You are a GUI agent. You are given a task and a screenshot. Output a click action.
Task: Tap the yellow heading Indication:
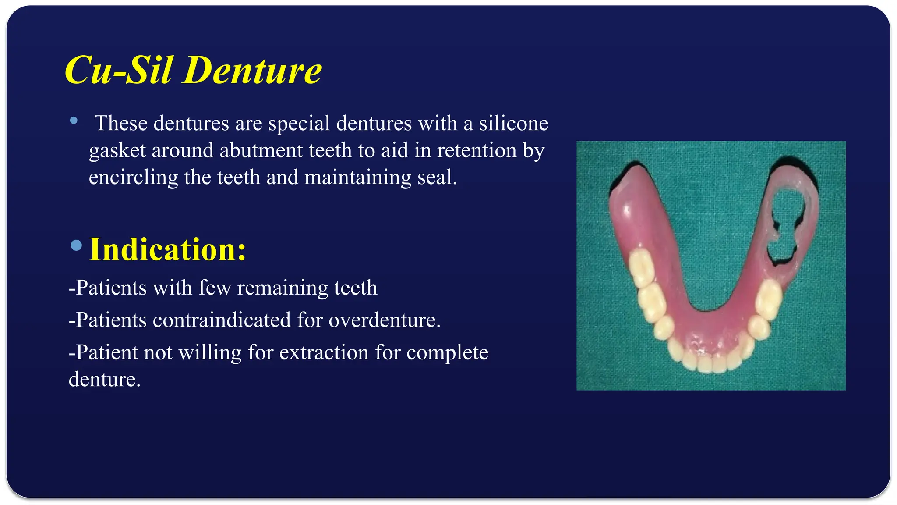[167, 249]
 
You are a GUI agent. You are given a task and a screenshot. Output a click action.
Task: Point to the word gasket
[117, 150]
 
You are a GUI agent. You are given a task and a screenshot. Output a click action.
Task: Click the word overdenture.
[384, 320]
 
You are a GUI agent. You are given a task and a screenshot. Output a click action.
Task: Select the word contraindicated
[222, 320]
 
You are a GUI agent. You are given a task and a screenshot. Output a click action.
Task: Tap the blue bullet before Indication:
[76, 245]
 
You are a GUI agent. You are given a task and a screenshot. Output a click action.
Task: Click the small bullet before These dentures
[74, 121]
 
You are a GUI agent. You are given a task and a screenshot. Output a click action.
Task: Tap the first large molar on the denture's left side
[641, 269]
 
